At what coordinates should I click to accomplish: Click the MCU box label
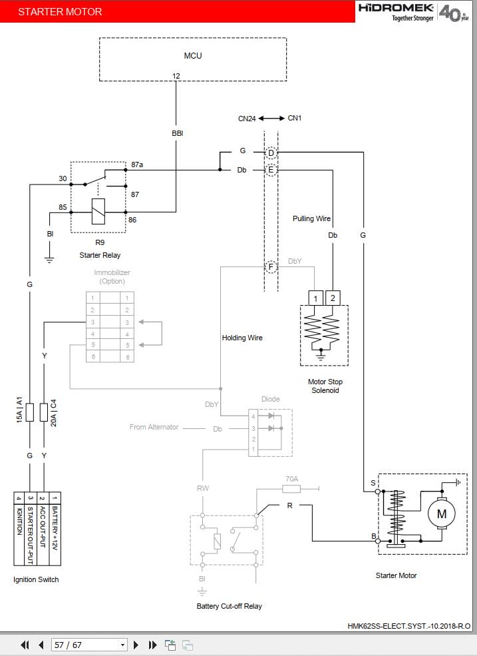[192, 55]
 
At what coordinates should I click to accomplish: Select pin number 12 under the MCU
[176, 76]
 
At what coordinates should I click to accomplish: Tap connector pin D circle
[271, 153]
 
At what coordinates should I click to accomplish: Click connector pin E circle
[271, 170]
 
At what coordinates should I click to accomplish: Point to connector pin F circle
[271, 268]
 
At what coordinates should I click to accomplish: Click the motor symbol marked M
[441, 513]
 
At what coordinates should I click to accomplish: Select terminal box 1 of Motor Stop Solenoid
[316, 298]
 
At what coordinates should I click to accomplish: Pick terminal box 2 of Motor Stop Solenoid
[333, 298]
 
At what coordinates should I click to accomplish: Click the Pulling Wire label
[311, 218]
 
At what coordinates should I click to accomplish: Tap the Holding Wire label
[242, 338]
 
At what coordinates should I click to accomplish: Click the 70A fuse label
[291, 478]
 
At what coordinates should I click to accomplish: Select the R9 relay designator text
[100, 242]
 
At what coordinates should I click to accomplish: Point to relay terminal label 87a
[137, 164]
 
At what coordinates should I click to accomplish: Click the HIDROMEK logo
[397, 9]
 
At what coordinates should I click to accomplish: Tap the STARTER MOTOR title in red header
[60, 11]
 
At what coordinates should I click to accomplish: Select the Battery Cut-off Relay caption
[229, 606]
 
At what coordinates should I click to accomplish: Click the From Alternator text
[154, 427]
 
